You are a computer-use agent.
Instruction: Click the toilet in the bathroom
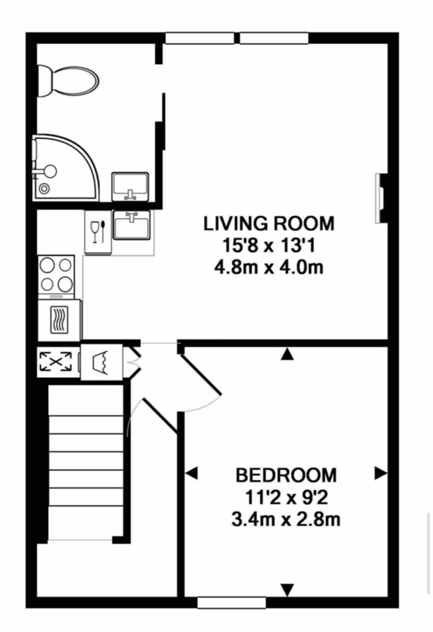[68, 80]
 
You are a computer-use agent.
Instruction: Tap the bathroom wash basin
[130, 186]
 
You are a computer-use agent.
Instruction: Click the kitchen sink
[132, 224]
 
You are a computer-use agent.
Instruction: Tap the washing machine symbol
[101, 361]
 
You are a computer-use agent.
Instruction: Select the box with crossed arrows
[55, 361]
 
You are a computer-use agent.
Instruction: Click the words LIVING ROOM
[268, 224]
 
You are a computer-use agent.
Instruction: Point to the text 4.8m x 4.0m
[268, 267]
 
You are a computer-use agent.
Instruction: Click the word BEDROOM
[286, 475]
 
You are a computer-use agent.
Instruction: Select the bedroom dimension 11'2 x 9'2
[286, 498]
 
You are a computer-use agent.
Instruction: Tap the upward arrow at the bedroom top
[286, 354]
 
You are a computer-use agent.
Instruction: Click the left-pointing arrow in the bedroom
[191, 473]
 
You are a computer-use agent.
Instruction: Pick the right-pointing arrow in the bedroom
[380, 473]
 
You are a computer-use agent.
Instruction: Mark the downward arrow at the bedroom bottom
[287, 590]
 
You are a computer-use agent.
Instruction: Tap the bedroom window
[232, 603]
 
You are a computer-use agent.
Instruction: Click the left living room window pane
[200, 38]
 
